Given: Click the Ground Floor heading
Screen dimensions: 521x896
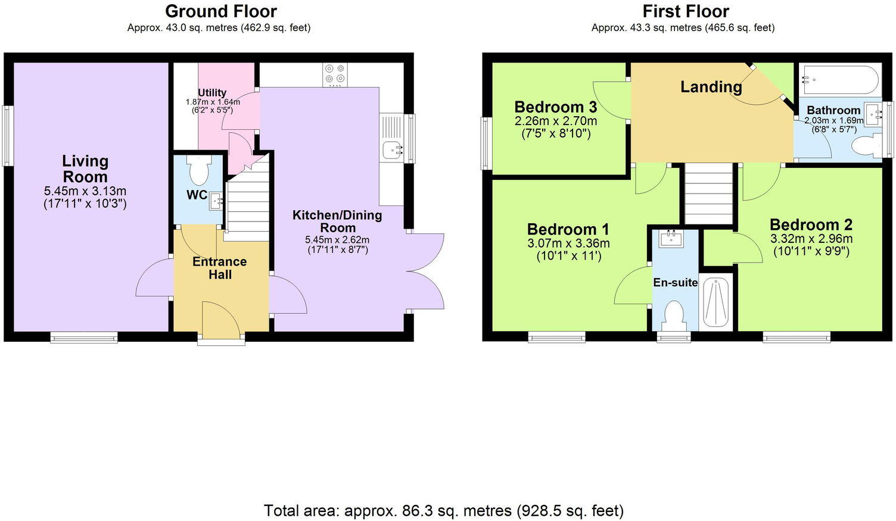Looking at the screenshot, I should click(x=220, y=11).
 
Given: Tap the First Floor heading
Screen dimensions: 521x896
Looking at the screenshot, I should click(x=686, y=11).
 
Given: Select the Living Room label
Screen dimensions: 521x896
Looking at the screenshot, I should click(x=85, y=169).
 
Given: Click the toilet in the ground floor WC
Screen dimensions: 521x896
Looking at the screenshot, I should click(x=198, y=170).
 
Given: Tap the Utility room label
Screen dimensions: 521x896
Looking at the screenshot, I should click(x=212, y=92).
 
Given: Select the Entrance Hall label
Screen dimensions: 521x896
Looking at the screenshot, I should click(x=220, y=268).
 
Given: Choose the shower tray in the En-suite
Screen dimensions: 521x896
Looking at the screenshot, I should click(x=717, y=303).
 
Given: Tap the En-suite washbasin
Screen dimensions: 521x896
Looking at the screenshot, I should click(x=671, y=239).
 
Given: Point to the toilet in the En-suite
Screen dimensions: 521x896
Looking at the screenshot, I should click(x=674, y=316).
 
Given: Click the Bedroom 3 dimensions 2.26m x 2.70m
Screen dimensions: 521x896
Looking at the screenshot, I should click(x=556, y=121).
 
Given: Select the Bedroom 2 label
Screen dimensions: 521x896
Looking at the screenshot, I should click(x=811, y=224).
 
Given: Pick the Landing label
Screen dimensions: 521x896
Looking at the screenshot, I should click(x=711, y=87).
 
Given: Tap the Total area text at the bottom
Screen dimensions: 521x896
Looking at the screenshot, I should click(x=444, y=510).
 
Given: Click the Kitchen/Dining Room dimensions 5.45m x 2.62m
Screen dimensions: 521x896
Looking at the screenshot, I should click(x=337, y=240).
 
